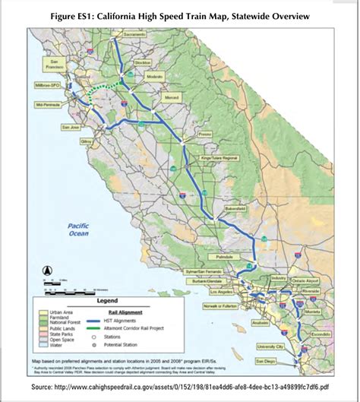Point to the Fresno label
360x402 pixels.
click(x=204, y=134)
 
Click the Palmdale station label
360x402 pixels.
click(x=228, y=256)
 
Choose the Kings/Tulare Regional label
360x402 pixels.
click(x=219, y=157)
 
